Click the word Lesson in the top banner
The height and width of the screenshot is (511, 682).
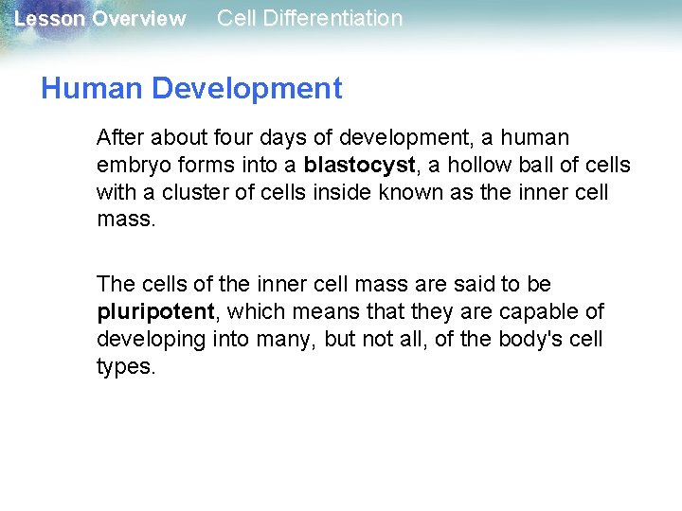click(x=49, y=19)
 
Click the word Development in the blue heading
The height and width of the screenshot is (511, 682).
click(x=246, y=89)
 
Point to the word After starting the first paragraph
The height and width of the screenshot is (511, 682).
click(x=120, y=138)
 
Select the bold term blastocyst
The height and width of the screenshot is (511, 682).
click(x=359, y=166)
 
